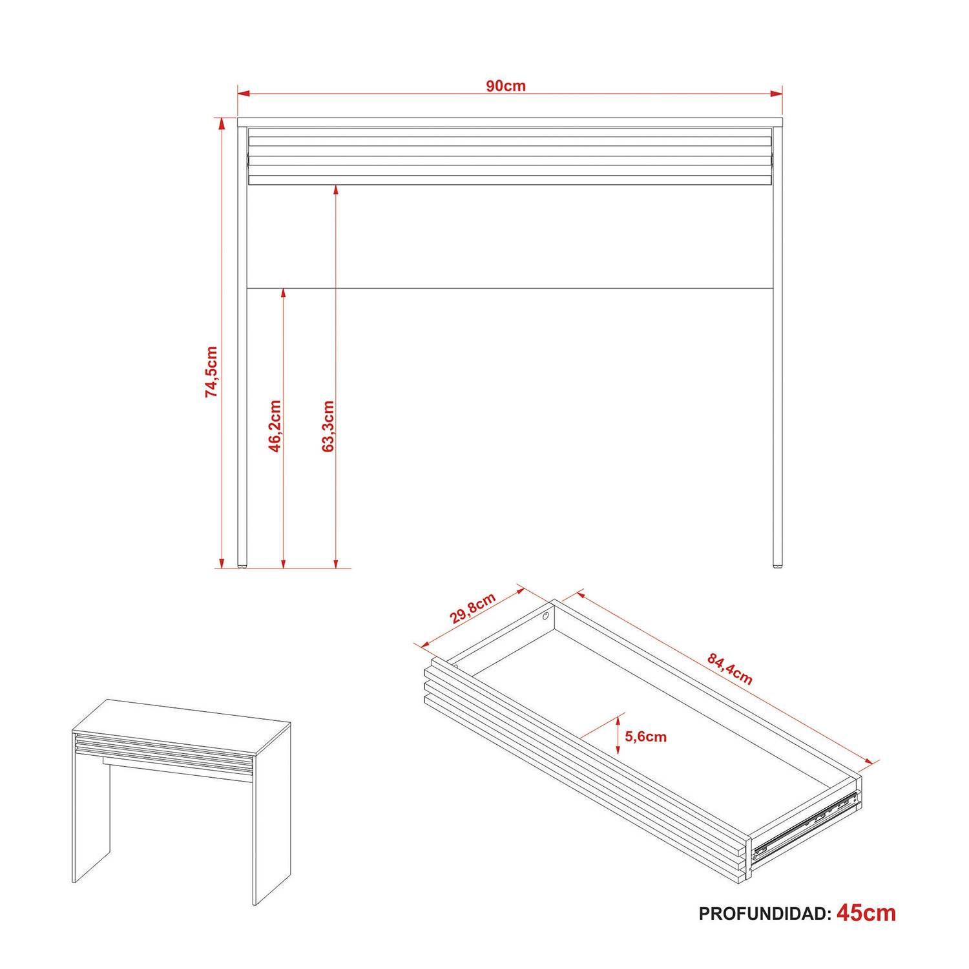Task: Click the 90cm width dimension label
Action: [506, 86]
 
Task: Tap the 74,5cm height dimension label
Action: [212, 371]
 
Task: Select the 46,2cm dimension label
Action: [275, 426]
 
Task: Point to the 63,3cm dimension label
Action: [328, 426]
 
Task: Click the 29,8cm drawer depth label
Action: [474, 608]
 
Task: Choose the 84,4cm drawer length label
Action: [730, 669]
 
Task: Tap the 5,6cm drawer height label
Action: [646, 736]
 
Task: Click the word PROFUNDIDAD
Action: [762, 914]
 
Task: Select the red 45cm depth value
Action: [866, 913]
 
